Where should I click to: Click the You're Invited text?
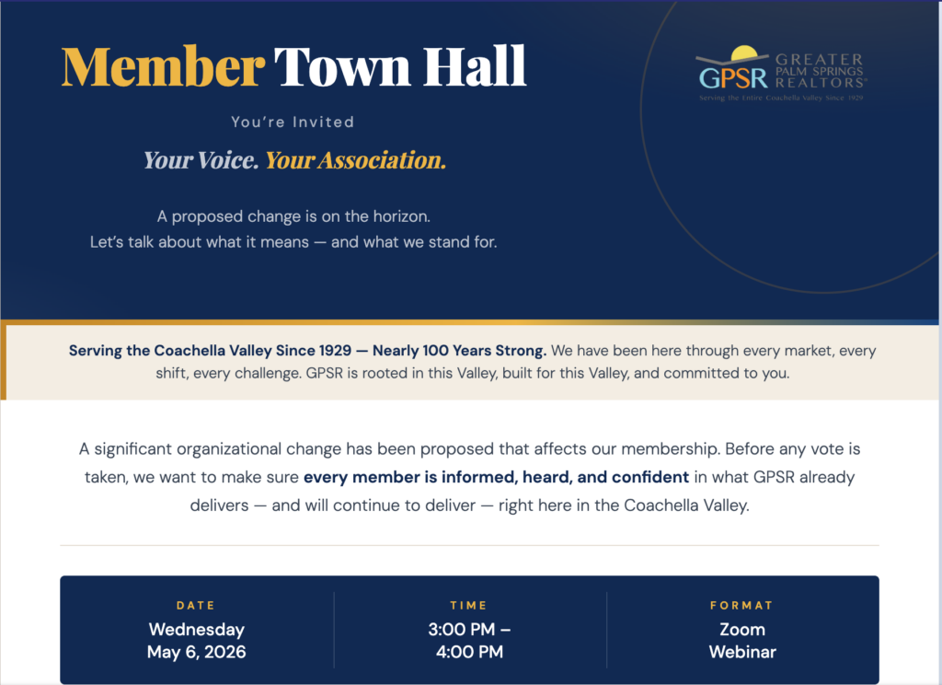click(293, 122)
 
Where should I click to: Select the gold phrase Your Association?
click(355, 160)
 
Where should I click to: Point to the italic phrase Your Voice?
click(201, 160)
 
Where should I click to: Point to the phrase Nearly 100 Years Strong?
click(459, 351)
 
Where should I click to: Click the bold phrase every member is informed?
click(410, 477)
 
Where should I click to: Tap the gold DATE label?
click(196, 606)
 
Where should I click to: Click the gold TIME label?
click(469, 606)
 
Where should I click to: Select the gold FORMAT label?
click(741, 606)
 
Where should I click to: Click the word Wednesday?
click(197, 631)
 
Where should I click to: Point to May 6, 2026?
click(197, 653)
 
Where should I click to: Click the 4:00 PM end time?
click(469, 653)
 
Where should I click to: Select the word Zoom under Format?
click(742, 631)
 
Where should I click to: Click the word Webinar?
click(742, 653)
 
